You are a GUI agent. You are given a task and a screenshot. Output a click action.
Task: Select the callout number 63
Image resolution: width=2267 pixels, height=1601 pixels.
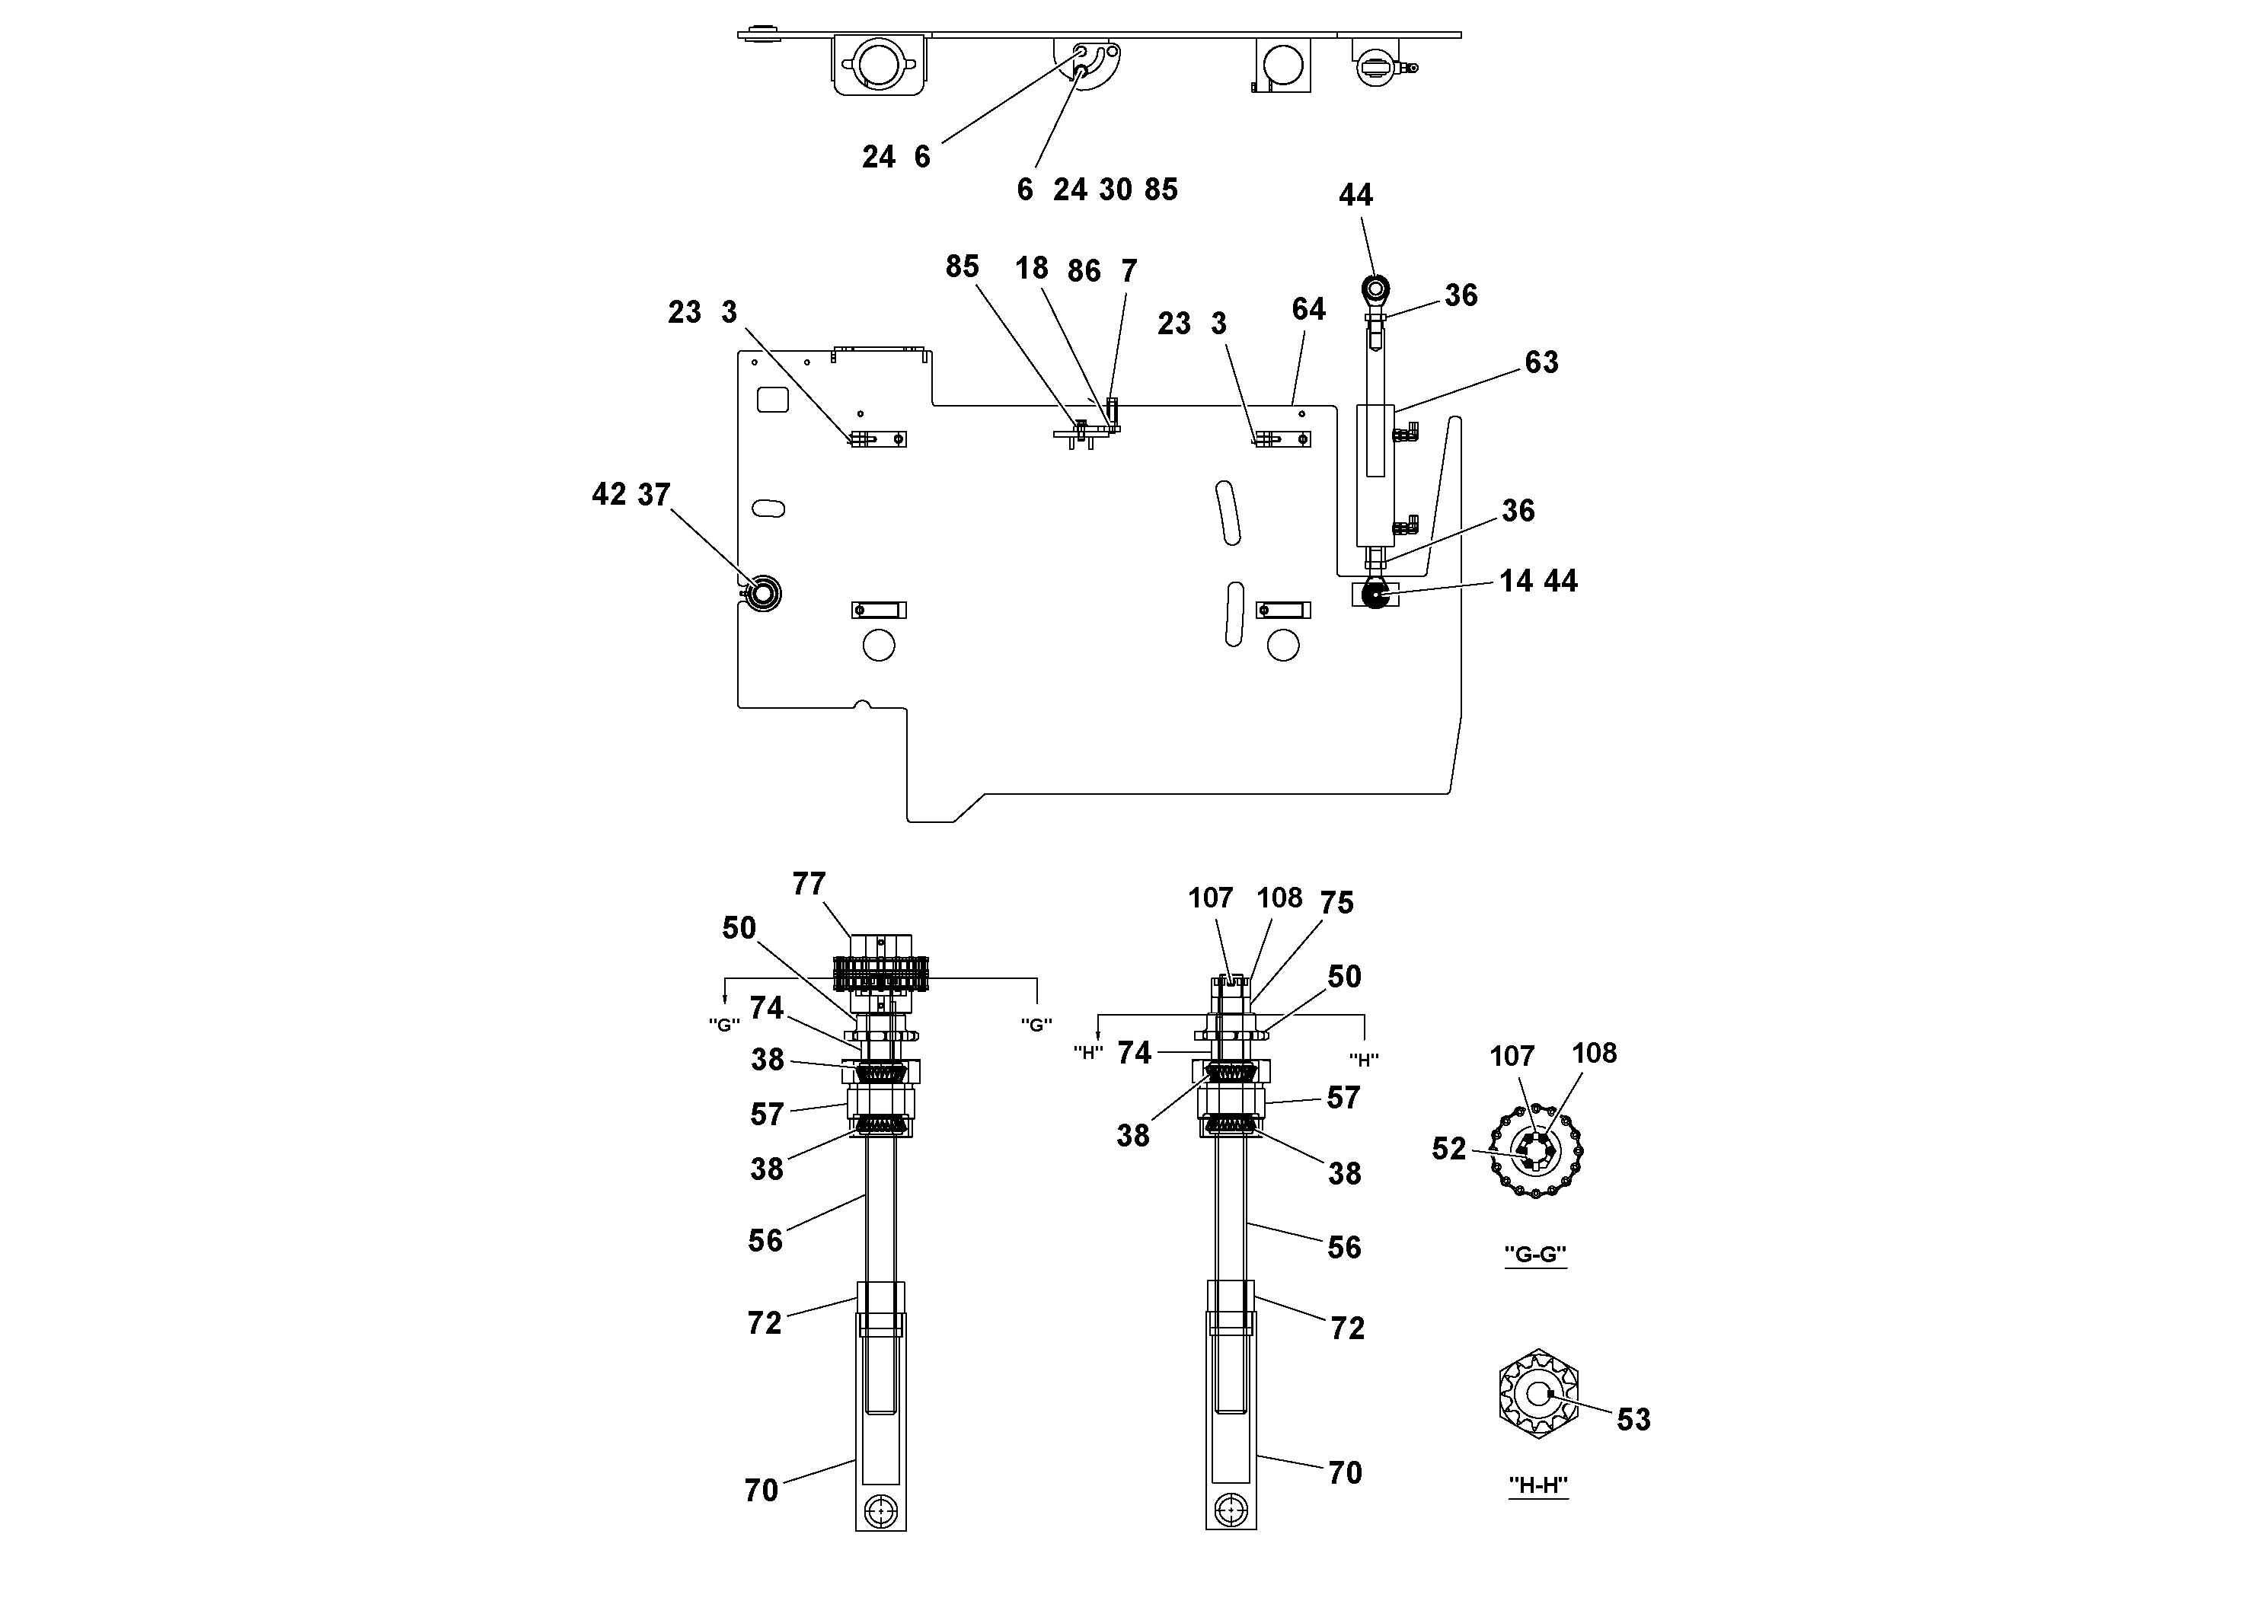[x=1541, y=362]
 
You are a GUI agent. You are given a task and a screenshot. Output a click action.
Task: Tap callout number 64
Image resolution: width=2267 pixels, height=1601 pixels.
[x=1308, y=309]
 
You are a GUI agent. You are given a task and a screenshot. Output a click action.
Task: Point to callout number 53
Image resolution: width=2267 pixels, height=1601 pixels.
[x=1633, y=1419]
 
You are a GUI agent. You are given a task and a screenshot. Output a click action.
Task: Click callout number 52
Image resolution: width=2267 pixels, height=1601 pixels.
[x=1448, y=1149]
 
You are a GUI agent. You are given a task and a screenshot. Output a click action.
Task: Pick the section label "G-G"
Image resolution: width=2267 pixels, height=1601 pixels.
[x=1534, y=1255]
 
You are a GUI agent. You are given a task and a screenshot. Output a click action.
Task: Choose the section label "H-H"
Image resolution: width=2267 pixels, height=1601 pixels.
[x=1537, y=1485]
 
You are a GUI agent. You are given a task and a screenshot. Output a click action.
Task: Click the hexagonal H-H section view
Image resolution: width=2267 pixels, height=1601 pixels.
[x=1538, y=1394]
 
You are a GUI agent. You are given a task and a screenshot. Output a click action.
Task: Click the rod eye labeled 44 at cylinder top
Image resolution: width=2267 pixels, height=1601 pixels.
[x=1375, y=289]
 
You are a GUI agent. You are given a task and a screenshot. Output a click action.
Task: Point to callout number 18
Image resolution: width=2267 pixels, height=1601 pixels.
[x=1031, y=267]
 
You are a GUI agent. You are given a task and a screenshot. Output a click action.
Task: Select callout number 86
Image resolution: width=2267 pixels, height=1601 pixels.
[x=1083, y=270]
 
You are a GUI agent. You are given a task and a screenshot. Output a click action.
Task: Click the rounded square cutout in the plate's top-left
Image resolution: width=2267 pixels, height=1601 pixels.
[x=772, y=399]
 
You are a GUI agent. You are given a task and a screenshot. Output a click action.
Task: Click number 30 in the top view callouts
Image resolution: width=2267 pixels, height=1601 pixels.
[x=1115, y=190]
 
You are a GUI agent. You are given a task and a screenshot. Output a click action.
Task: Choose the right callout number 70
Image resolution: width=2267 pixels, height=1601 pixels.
[x=1345, y=1474]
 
